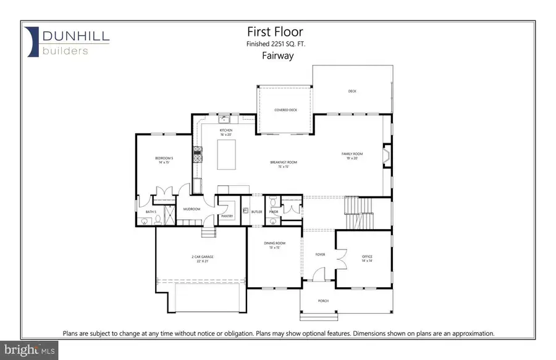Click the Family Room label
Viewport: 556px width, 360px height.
(352, 155)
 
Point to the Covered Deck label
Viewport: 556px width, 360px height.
(286, 110)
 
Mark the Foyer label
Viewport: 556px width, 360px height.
(319, 253)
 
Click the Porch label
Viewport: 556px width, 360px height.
(324, 301)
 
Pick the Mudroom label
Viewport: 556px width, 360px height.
(192, 209)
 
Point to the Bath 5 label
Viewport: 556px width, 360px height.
(151, 212)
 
